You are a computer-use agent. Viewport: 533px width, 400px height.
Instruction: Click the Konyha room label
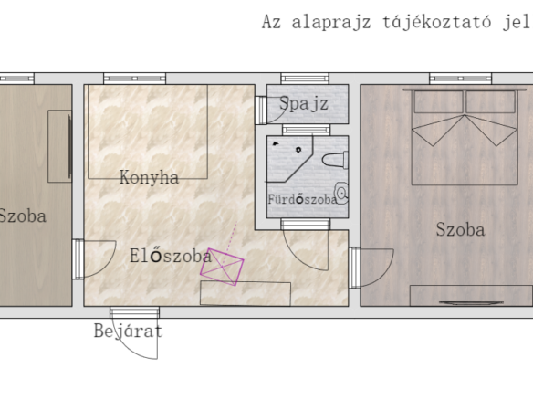pyautogui.click(x=149, y=177)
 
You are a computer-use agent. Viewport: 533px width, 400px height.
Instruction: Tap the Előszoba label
pyautogui.click(x=171, y=256)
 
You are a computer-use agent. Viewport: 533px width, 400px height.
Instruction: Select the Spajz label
pyautogui.click(x=304, y=103)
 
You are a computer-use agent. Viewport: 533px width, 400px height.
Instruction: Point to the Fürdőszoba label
pyautogui.click(x=302, y=199)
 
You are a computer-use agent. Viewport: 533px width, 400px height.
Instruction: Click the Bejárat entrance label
pyautogui.click(x=128, y=331)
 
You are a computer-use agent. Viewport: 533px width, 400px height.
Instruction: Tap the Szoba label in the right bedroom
pyautogui.click(x=460, y=229)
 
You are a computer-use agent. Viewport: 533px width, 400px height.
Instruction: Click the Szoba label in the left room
pyautogui.click(x=23, y=216)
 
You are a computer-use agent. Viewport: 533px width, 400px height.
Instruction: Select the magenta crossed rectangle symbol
pyautogui.click(x=222, y=267)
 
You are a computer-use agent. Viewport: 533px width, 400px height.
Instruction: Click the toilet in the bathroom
pyautogui.click(x=335, y=160)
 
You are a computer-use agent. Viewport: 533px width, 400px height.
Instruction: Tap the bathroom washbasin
pyautogui.click(x=342, y=193)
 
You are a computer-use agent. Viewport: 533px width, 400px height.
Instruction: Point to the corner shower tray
pyautogui.click(x=289, y=159)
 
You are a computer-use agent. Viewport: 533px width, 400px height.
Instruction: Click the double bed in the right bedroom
pyautogui.click(x=465, y=137)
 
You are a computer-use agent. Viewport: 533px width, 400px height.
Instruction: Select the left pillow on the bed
pyautogui.click(x=438, y=101)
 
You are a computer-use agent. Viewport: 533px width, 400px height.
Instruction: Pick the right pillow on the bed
pyautogui.click(x=490, y=101)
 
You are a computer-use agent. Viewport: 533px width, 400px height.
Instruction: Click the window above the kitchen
pyautogui.click(x=134, y=79)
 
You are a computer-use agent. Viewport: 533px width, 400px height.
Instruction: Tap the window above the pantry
pyautogui.click(x=305, y=79)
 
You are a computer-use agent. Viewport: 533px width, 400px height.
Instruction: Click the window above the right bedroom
pyautogui.click(x=461, y=79)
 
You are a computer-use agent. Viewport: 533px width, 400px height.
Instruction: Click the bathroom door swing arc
pyautogui.click(x=299, y=258)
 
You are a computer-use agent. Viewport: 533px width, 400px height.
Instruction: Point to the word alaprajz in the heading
pyautogui.click(x=331, y=23)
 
